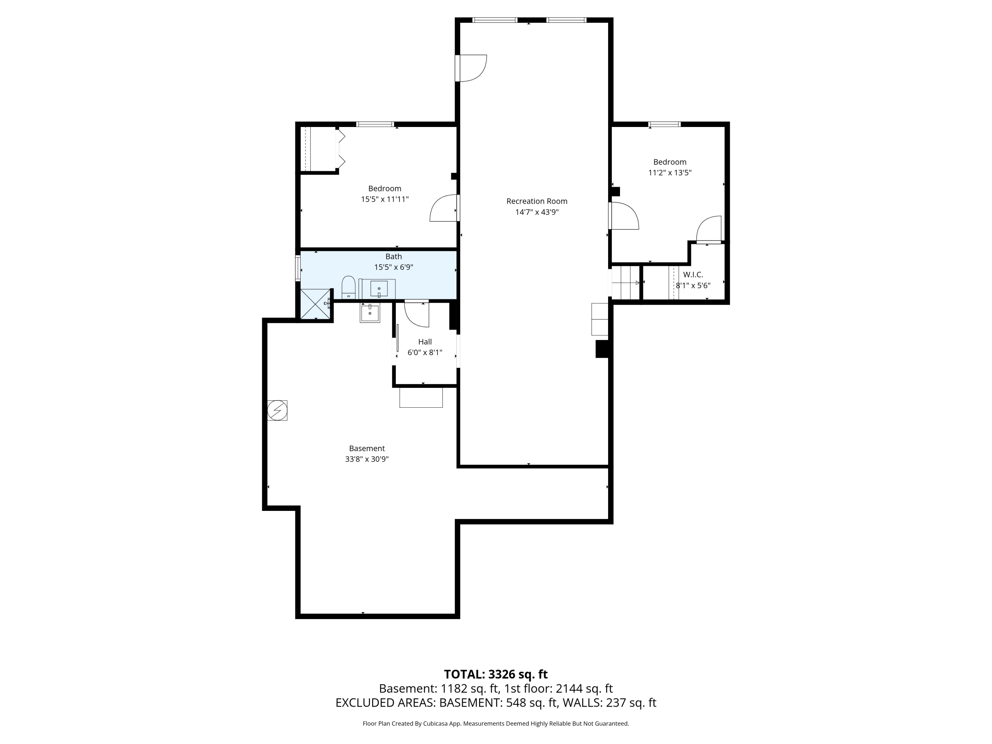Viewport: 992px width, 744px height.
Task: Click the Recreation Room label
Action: click(537, 201)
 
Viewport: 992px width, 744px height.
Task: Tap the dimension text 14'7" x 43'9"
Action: click(537, 212)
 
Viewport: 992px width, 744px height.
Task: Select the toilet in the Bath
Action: click(349, 287)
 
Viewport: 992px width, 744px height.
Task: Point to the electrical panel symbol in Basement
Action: click(277, 410)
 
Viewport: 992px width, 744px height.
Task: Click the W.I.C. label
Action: click(693, 274)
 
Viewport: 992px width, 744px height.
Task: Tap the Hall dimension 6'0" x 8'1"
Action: click(425, 352)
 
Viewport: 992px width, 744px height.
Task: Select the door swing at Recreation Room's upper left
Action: click(472, 68)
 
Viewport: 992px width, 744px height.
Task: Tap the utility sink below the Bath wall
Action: click(370, 312)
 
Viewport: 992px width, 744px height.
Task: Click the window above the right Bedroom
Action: click(665, 124)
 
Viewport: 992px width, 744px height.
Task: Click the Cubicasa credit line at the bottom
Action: click(496, 723)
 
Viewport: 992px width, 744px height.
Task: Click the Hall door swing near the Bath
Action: click(417, 314)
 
